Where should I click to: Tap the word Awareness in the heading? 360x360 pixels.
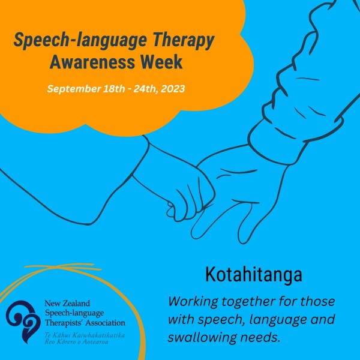92,62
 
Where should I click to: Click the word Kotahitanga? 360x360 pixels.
253,274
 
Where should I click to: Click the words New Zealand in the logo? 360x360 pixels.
67,303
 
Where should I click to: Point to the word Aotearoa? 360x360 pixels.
95,342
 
